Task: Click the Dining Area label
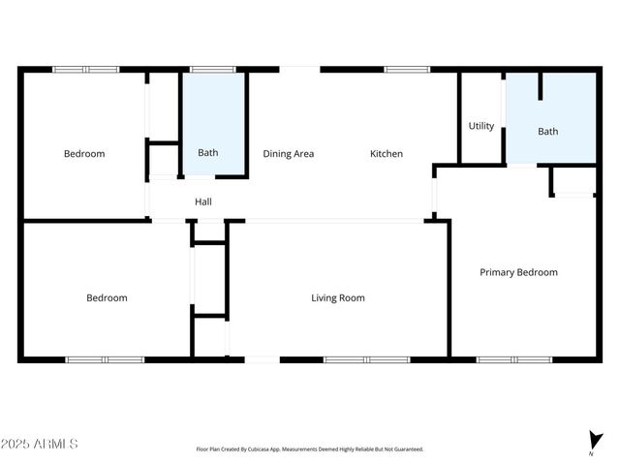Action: [289, 154]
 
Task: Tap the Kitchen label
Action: [387, 154]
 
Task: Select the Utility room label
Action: [481, 126]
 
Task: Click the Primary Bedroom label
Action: [518, 272]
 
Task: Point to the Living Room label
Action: [338, 298]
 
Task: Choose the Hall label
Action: [203, 201]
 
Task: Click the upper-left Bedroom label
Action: [84, 154]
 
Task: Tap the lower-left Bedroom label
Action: [107, 298]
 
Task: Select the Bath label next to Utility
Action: [548, 132]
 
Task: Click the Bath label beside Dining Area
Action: [208, 153]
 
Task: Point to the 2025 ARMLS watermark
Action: [40, 444]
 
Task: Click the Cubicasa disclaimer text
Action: [310, 449]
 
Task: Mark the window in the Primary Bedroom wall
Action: [513, 359]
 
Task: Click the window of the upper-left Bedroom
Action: [85, 70]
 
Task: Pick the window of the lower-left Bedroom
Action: [105, 359]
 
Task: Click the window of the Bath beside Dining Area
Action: [211, 70]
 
